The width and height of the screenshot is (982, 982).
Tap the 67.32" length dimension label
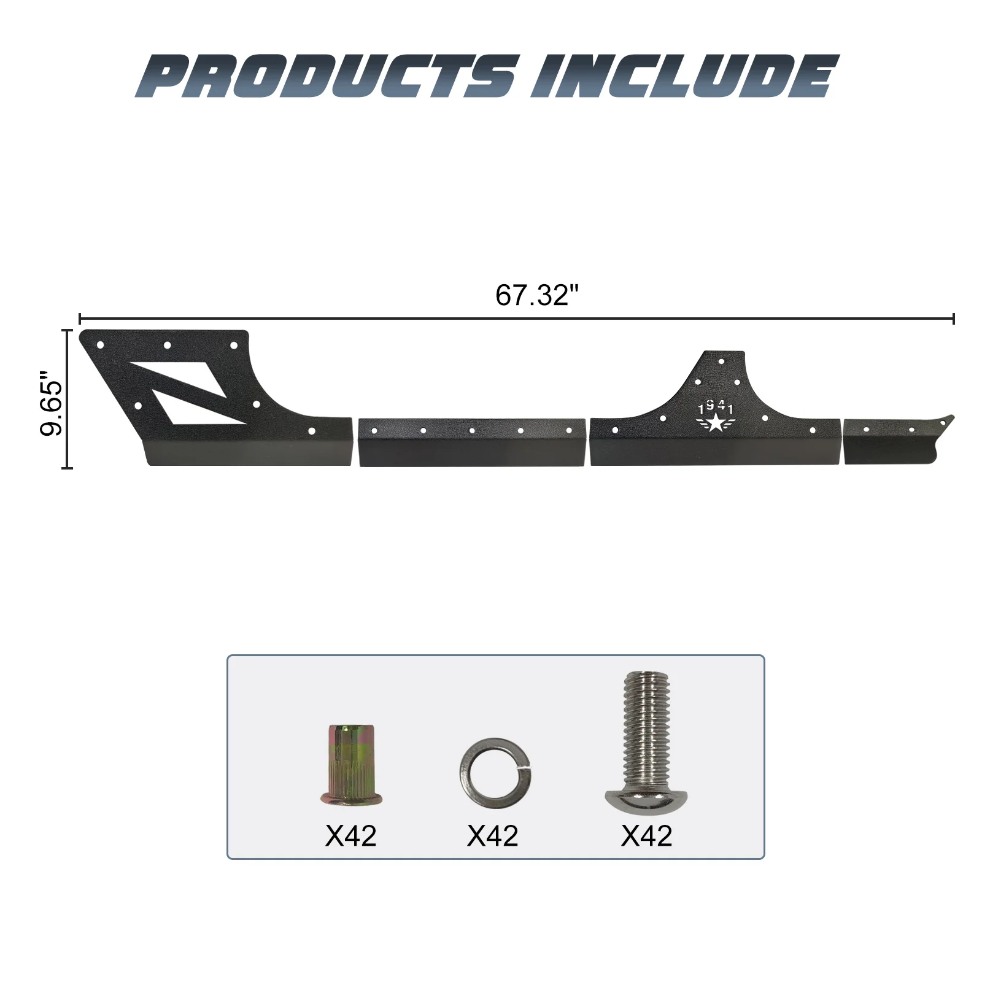click(x=537, y=295)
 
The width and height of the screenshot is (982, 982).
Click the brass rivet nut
click(x=350, y=765)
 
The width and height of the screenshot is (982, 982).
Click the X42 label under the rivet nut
click(x=350, y=835)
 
